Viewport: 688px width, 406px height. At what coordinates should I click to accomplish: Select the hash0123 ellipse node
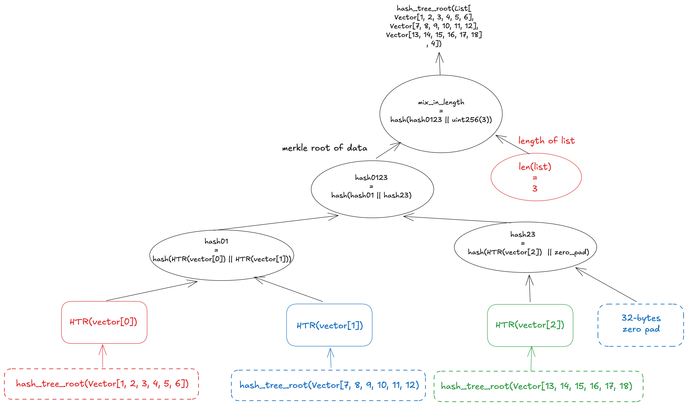[372, 189]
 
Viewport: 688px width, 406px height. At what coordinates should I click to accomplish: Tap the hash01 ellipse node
[222, 255]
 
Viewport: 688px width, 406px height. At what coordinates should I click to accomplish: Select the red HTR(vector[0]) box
[104, 322]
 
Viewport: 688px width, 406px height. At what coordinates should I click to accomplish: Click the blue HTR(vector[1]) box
[329, 325]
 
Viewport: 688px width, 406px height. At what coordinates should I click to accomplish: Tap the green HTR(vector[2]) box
[530, 325]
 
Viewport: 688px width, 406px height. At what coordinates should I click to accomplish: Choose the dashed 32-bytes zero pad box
[640, 325]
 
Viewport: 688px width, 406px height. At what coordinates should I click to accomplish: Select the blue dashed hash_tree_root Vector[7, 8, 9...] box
[328, 385]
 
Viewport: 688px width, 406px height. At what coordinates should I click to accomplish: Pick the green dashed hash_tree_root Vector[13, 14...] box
[538, 386]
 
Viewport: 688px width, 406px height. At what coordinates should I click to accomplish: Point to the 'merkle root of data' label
[325, 148]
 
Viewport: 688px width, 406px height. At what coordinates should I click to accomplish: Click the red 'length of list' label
[546, 141]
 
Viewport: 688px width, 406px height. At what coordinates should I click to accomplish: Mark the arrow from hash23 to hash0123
[457, 220]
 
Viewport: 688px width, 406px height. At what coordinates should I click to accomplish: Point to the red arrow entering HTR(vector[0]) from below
[103, 356]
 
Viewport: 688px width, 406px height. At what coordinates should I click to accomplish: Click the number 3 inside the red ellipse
[535, 189]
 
